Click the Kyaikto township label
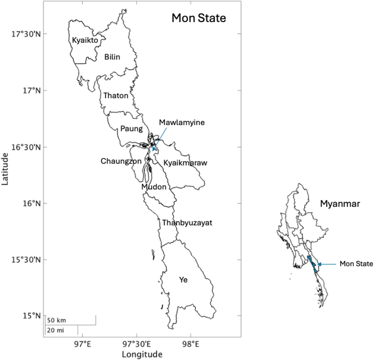(x=85, y=40)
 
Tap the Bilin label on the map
(x=112, y=57)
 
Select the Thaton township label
(x=116, y=96)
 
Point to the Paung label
(x=132, y=129)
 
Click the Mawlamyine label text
(x=182, y=123)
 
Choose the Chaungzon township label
(x=121, y=161)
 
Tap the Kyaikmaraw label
(x=185, y=163)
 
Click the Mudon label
(x=154, y=187)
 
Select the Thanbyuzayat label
(x=187, y=223)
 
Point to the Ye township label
(x=183, y=280)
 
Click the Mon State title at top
(x=199, y=18)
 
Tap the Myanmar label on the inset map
(x=340, y=204)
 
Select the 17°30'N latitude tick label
(x=26, y=34)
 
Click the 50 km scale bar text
(x=57, y=320)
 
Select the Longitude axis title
(x=142, y=354)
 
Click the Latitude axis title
(x=5, y=169)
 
